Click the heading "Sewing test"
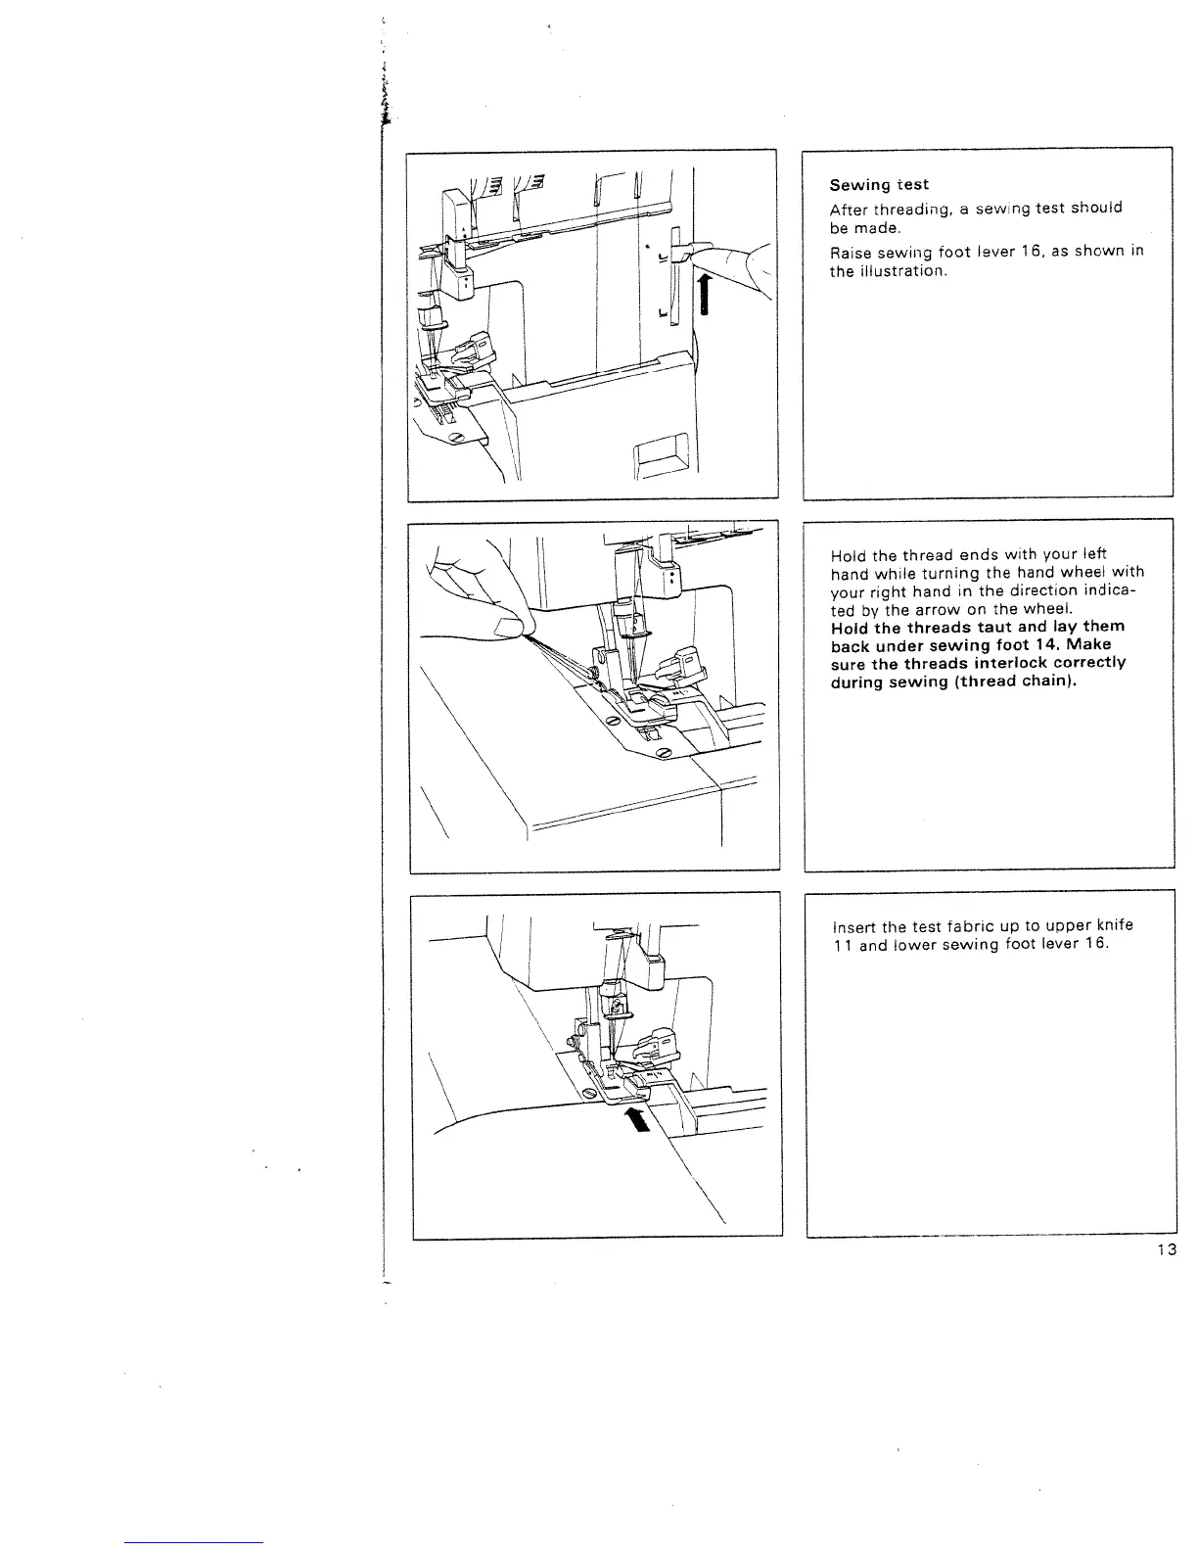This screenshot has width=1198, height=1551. click(879, 184)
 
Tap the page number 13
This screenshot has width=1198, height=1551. click(1165, 1248)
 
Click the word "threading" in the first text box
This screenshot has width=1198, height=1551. click(898, 209)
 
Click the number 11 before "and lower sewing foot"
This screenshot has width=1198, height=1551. click(841, 946)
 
